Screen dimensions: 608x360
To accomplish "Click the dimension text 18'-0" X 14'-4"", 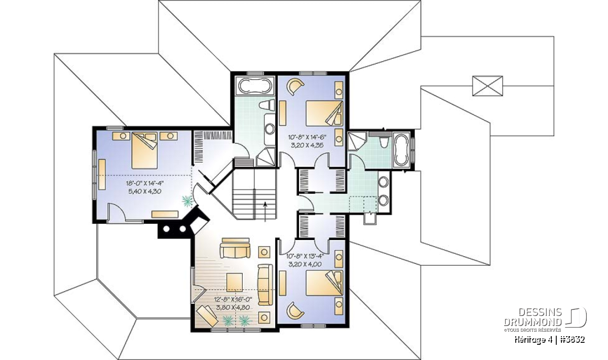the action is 145,183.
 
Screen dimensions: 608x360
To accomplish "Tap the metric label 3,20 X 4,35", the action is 307,145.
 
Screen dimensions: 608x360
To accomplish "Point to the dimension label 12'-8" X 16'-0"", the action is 233,300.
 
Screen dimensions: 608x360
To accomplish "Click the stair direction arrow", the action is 265,212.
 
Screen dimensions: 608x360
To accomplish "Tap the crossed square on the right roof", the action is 487,86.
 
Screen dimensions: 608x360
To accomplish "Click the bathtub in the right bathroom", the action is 402,149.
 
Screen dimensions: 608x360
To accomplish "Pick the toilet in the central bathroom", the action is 267,105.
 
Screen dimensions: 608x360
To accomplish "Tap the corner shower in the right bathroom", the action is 357,141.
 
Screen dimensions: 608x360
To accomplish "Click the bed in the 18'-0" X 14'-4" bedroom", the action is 144,150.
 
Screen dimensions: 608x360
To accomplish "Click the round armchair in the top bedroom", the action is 295,87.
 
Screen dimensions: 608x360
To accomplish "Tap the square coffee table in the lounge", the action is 235,283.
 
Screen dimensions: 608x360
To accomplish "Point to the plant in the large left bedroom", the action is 187,201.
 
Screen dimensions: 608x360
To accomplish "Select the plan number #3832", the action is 572,340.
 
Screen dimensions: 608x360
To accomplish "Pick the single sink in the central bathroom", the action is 270,129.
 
